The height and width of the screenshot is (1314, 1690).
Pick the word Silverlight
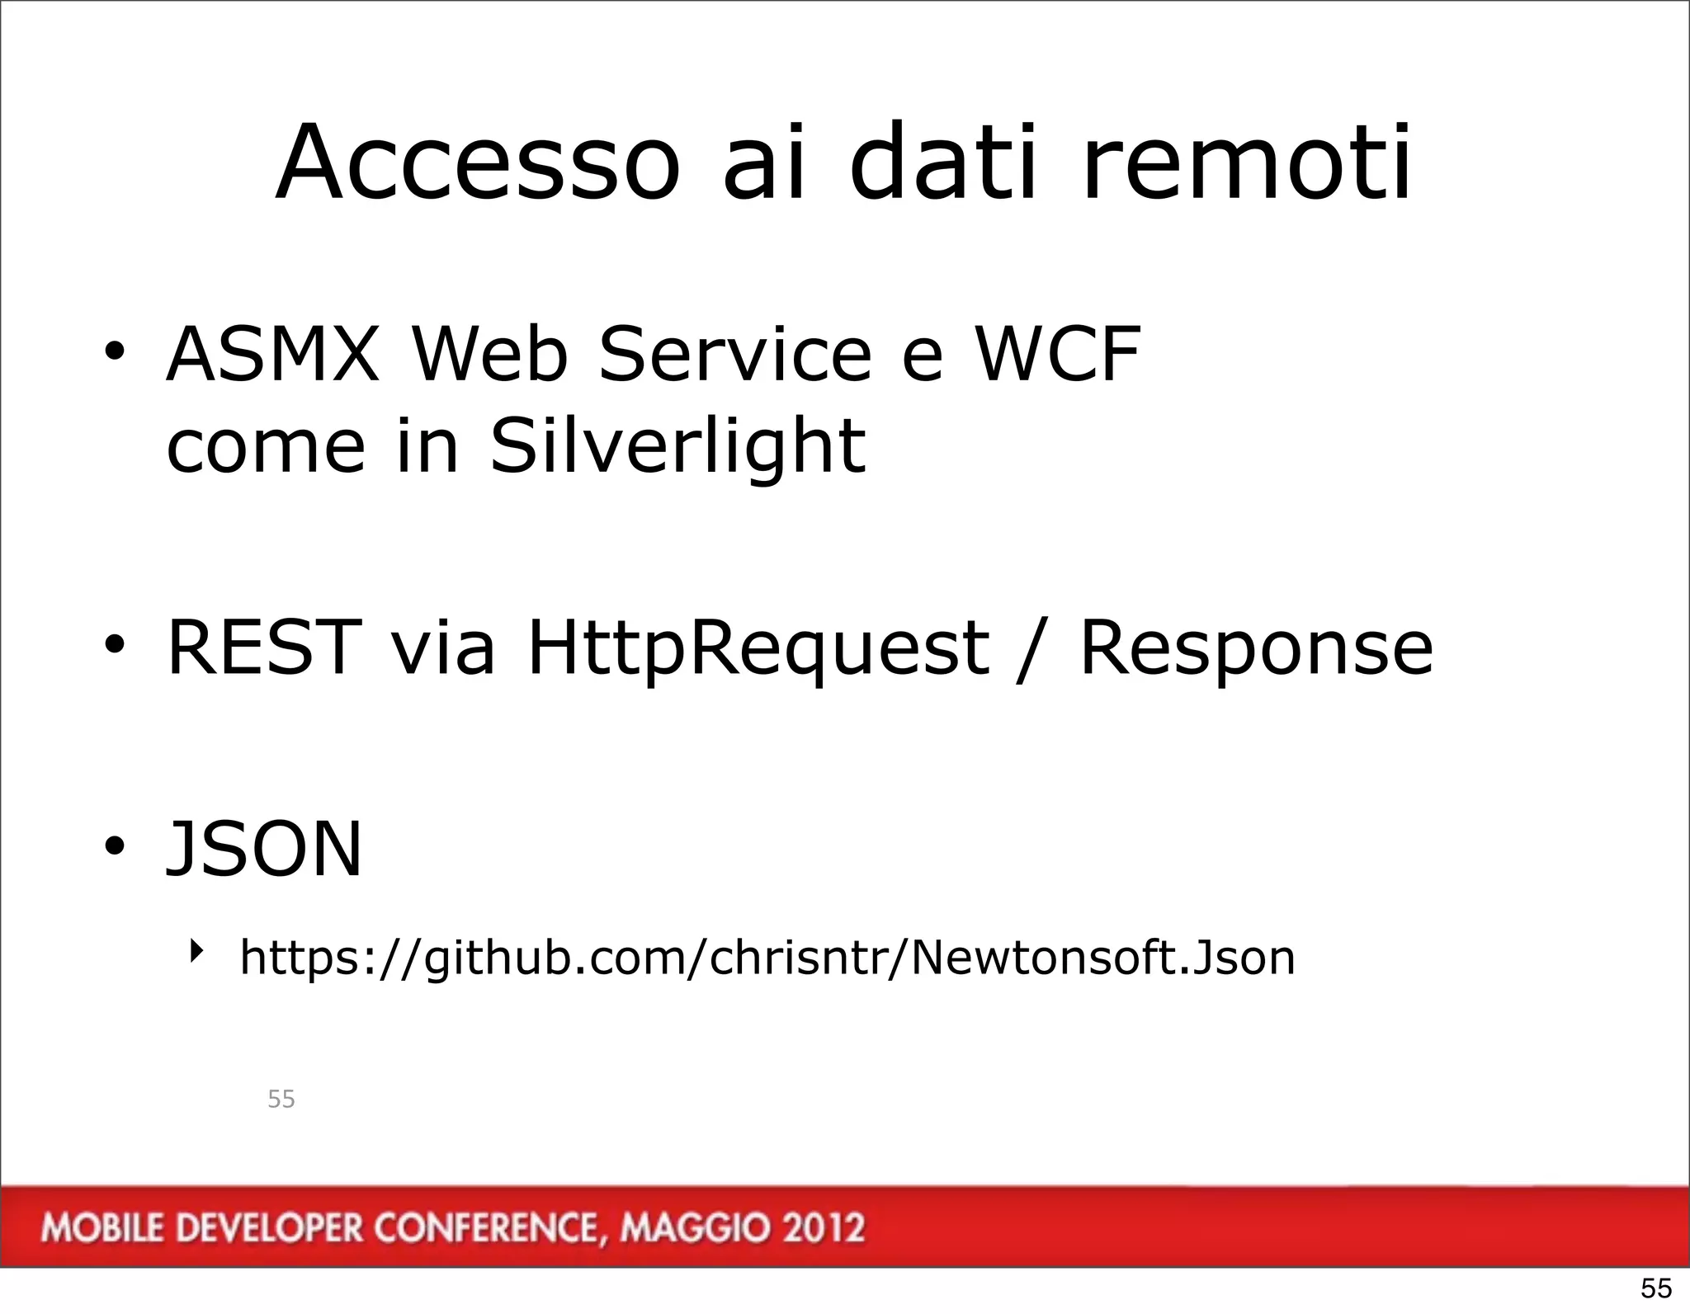(x=677, y=447)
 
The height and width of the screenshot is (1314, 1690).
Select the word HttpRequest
(x=758, y=650)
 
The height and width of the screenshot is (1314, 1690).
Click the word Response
(x=1256, y=650)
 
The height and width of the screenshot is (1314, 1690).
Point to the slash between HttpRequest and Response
(x=1034, y=652)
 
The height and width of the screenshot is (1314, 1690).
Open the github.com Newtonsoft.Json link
(x=767, y=958)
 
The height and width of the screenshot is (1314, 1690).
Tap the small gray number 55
(x=281, y=1100)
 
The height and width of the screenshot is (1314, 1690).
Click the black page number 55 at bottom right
(x=1655, y=1288)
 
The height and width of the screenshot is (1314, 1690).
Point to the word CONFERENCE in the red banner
(x=485, y=1228)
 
